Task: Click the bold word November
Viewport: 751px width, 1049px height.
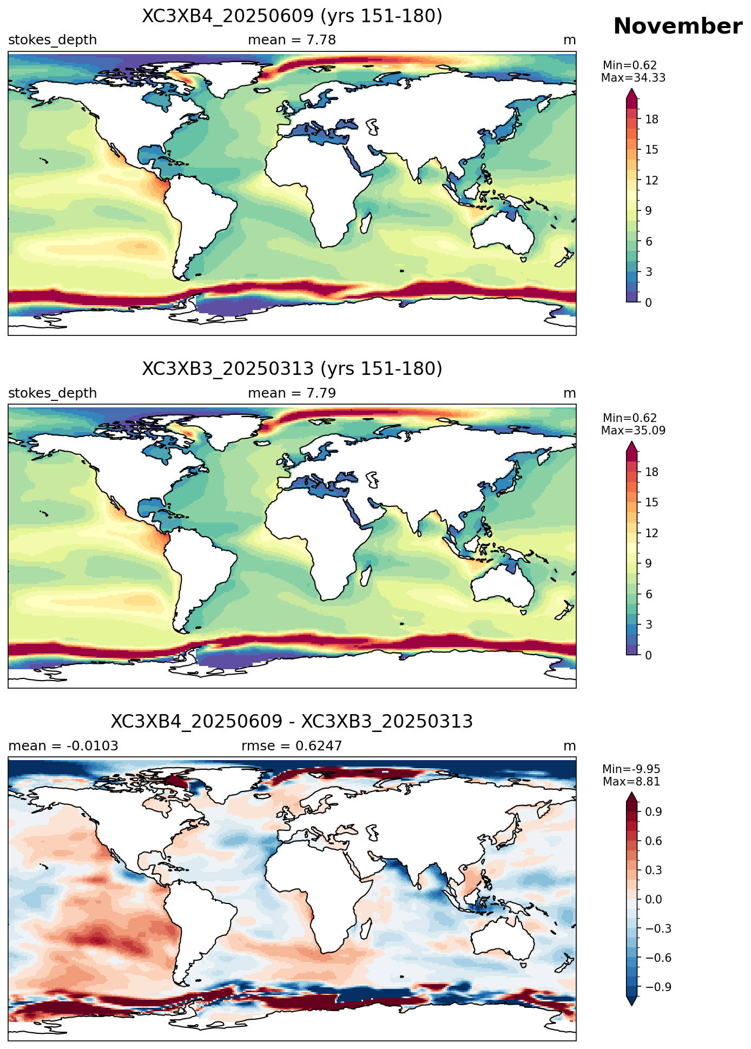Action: click(x=677, y=27)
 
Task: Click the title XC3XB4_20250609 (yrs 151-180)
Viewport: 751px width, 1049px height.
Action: click(x=292, y=16)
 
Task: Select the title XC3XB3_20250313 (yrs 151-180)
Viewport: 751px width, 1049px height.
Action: click(x=292, y=369)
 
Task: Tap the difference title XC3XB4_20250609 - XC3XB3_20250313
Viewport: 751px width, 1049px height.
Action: click(x=292, y=722)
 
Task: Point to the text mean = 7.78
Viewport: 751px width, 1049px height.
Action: click(x=292, y=40)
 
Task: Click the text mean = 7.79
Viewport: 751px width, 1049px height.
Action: click(x=292, y=393)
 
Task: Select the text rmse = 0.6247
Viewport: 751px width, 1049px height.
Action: click(x=292, y=746)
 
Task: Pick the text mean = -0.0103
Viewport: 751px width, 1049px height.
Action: click(x=63, y=746)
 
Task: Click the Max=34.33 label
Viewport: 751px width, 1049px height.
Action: click(x=633, y=78)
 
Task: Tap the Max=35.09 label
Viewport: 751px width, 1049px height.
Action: click(x=633, y=431)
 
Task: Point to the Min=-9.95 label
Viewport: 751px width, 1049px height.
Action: click(x=631, y=769)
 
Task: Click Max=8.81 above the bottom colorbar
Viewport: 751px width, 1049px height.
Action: click(x=631, y=782)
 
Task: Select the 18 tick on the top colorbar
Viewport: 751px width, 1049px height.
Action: click(x=651, y=119)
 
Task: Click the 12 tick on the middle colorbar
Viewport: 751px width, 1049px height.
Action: click(x=651, y=533)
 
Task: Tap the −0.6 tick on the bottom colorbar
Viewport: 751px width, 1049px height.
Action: click(x=658, y=958)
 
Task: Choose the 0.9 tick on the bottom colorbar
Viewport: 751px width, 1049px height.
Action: click(x=654, y=812)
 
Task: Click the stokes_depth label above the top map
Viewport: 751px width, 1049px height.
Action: click(x=52, y=40)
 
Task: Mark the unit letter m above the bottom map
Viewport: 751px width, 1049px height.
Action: click(x=570, y=747)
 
